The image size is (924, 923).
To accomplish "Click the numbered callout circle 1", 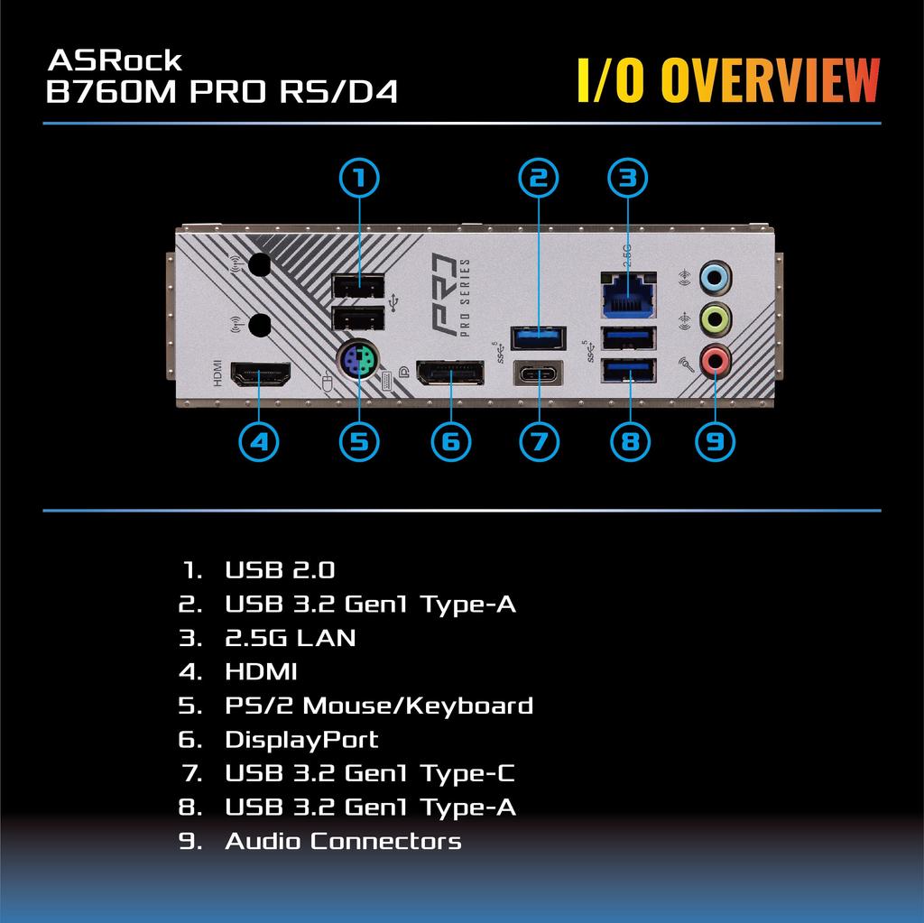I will pyautogui.click(x=359, y=178).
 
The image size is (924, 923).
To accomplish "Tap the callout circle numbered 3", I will pyautogui.click(x=628, y=178).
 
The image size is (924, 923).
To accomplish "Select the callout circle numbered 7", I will pyautogui.click(x=540, y=441).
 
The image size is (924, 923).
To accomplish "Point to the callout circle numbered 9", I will pyautogui.click(x=715, y=441).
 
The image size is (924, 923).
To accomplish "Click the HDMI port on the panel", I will pyautogui.click(x=261, y=374).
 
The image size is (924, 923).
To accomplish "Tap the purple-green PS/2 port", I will pyautogui.click(x=358, y=364).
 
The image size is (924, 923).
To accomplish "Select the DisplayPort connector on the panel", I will pyautogui.click(x=449, y=373).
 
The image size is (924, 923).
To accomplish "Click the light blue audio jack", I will pyautogui.click(x=716, y=276).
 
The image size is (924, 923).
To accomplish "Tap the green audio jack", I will pyautogui.click(x=716, y=318).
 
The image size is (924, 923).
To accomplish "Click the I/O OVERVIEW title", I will pyautogui.click(x=727, y=82).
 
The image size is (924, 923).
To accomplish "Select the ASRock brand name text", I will pyautogui.click(x=114, y=60).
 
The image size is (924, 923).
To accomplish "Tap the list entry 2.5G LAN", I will pyautogui.click(x=290, y=638).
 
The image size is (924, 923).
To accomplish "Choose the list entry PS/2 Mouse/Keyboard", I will pyautogui.click(x=378, y=706).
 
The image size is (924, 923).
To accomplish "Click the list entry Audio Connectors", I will pyautogui.click(x=343, y=841).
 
